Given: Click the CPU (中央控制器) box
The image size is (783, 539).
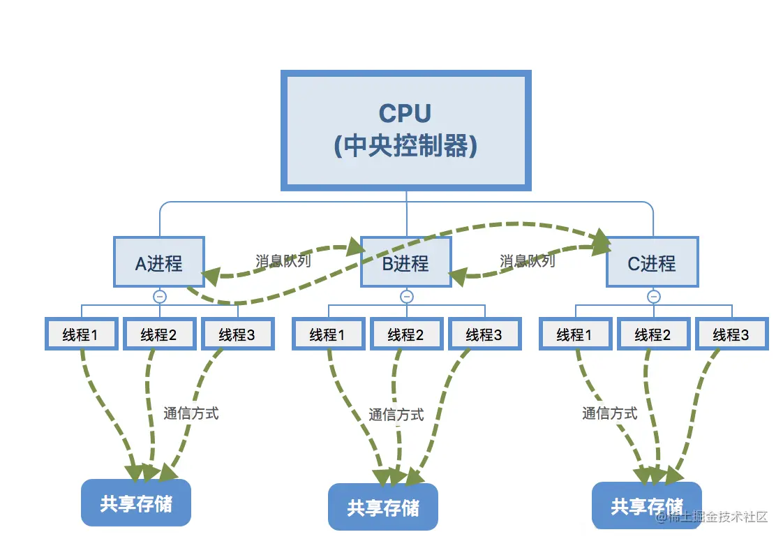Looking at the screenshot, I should (x=405, y=131).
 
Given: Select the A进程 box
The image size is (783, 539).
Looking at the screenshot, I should (x=159, y=262).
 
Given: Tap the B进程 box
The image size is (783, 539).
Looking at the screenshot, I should (x=405, y=262).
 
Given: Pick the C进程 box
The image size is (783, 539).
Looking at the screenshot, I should (x=652, y=262).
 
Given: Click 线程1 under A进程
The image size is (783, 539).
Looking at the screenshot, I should (x=81, y=334).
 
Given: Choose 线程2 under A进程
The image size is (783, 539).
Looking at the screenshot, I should (x=159, y=334).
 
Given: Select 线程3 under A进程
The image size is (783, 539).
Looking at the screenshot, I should (x=237, y=334).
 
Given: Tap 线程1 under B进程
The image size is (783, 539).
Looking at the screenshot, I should (x=328, y=334).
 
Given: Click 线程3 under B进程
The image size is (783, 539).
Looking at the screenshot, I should (x=484, y=334).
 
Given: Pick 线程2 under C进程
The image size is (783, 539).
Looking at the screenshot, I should (x=652, y=334).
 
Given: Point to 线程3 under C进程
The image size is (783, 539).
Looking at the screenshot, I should (x=731, y=334).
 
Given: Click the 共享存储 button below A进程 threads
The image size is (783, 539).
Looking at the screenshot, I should (x=136, y=503).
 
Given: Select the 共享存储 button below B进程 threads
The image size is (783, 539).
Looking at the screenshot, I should (x=383, y=507).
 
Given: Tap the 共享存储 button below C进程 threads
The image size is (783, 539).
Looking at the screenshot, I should (x=647, y=505).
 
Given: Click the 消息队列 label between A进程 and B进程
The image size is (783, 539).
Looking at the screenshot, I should (x=283, y=261).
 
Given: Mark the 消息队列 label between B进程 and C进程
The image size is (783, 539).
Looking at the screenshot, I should (x=528, y=261).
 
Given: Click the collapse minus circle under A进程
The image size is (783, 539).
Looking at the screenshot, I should (x=160, y=297).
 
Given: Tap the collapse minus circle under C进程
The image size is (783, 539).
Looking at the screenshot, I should (x=653, y=297).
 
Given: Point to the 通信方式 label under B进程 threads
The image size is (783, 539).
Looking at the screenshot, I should (x=396, y=414).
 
